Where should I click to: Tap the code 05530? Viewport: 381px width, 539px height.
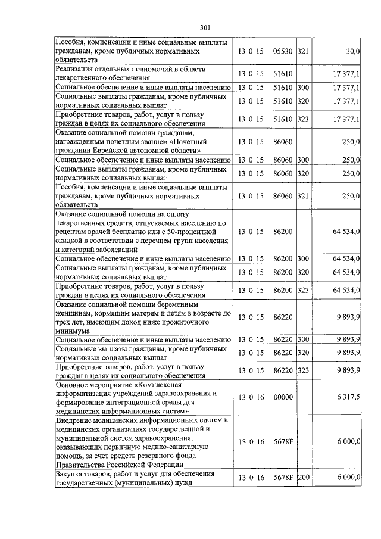[x=282, y=52]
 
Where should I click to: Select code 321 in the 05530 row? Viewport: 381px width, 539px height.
[x=302, y=52]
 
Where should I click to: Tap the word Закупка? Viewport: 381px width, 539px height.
[x=71, y=474]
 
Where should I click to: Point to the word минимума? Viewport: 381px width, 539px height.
[x=73, y=331]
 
